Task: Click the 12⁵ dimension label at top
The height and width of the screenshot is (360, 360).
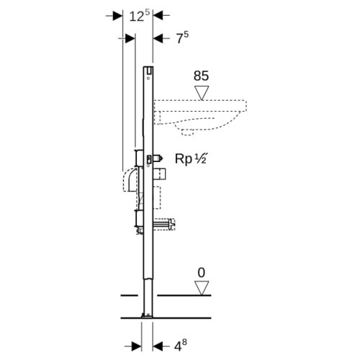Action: tap(140, 17)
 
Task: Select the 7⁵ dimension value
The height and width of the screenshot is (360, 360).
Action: tap(182, 37)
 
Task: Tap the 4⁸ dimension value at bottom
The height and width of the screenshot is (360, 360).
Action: tap(180, 346)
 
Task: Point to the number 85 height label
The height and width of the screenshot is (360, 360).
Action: tap(201, 76)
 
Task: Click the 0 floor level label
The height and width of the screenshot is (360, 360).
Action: tap(202, 273)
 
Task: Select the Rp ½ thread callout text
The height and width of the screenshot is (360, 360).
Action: tap(191, 158)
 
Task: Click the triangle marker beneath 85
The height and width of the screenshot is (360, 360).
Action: tap(202, 93)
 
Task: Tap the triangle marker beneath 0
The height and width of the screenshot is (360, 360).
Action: tap(202, 288)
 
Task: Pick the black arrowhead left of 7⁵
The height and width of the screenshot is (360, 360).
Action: tap(158, 38)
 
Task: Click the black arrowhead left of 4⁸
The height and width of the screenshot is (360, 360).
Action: tap(158, 346)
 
